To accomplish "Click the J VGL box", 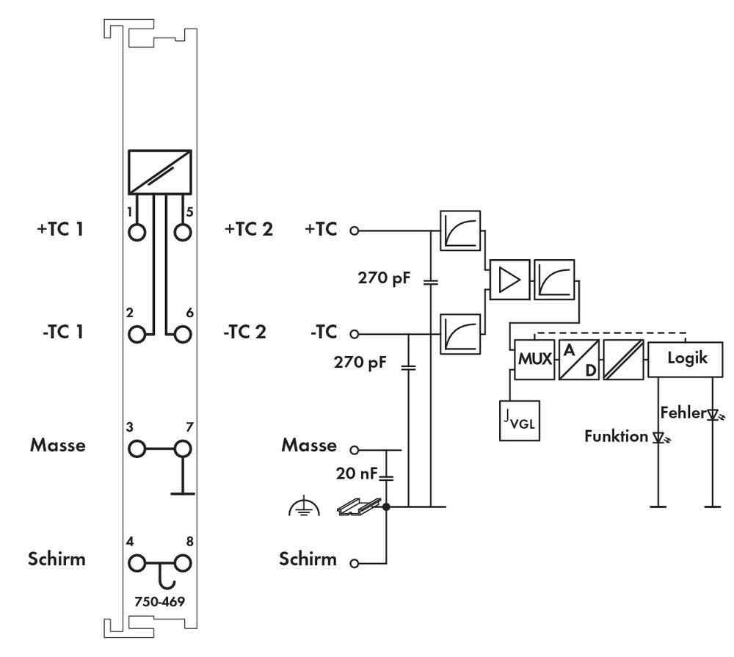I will coord(520,421).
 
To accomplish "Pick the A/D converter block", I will coord(579,360).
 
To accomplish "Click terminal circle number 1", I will coord(137,232).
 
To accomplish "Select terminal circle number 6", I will coord(182,334).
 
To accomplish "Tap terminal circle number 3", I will coord(137,448).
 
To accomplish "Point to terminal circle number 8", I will coord(182,563).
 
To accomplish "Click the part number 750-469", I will coord(159,601).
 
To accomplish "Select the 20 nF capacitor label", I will coord(357,475).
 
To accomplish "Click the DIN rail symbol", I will coord(360,507).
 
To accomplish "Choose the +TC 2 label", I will coord(248,229).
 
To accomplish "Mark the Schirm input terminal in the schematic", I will coord(355,564).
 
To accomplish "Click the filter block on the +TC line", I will coord(460,231).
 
